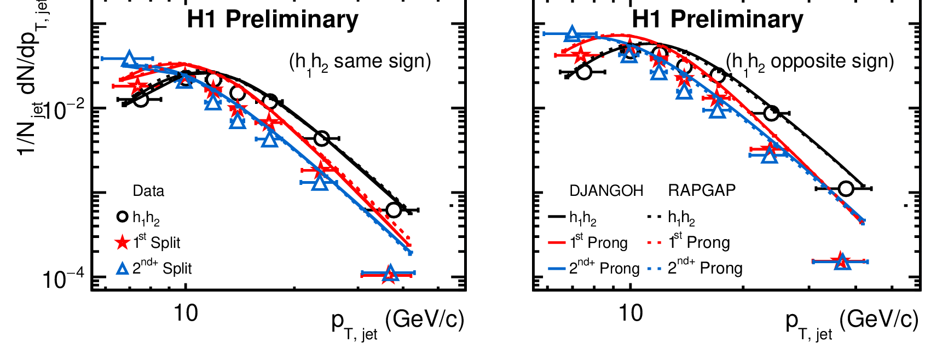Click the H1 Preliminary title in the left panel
tap(273, 20)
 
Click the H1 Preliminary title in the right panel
tap(718, 20)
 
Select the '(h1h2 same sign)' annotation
tap(360, 62)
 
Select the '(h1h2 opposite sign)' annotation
tap(810, 62)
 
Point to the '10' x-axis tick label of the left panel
tap(186, 313)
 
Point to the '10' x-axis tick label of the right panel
tap(631, 313)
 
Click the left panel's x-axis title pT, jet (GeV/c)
tap(398, 321)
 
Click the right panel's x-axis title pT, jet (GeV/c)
tap(852, 321)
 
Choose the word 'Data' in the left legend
tap(148, 191)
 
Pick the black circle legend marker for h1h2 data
tap(123, 217)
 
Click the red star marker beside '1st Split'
tap(123, 242)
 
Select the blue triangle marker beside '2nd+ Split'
tap(123, 268)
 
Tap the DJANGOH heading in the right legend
tap(606, 190)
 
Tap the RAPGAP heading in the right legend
tap(702, 190)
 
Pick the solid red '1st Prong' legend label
tap(598, 242)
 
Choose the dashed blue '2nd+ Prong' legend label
tap(705, 268)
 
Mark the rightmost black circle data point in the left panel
tap(393, 210)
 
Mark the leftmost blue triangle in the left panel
tap(129, 60)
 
